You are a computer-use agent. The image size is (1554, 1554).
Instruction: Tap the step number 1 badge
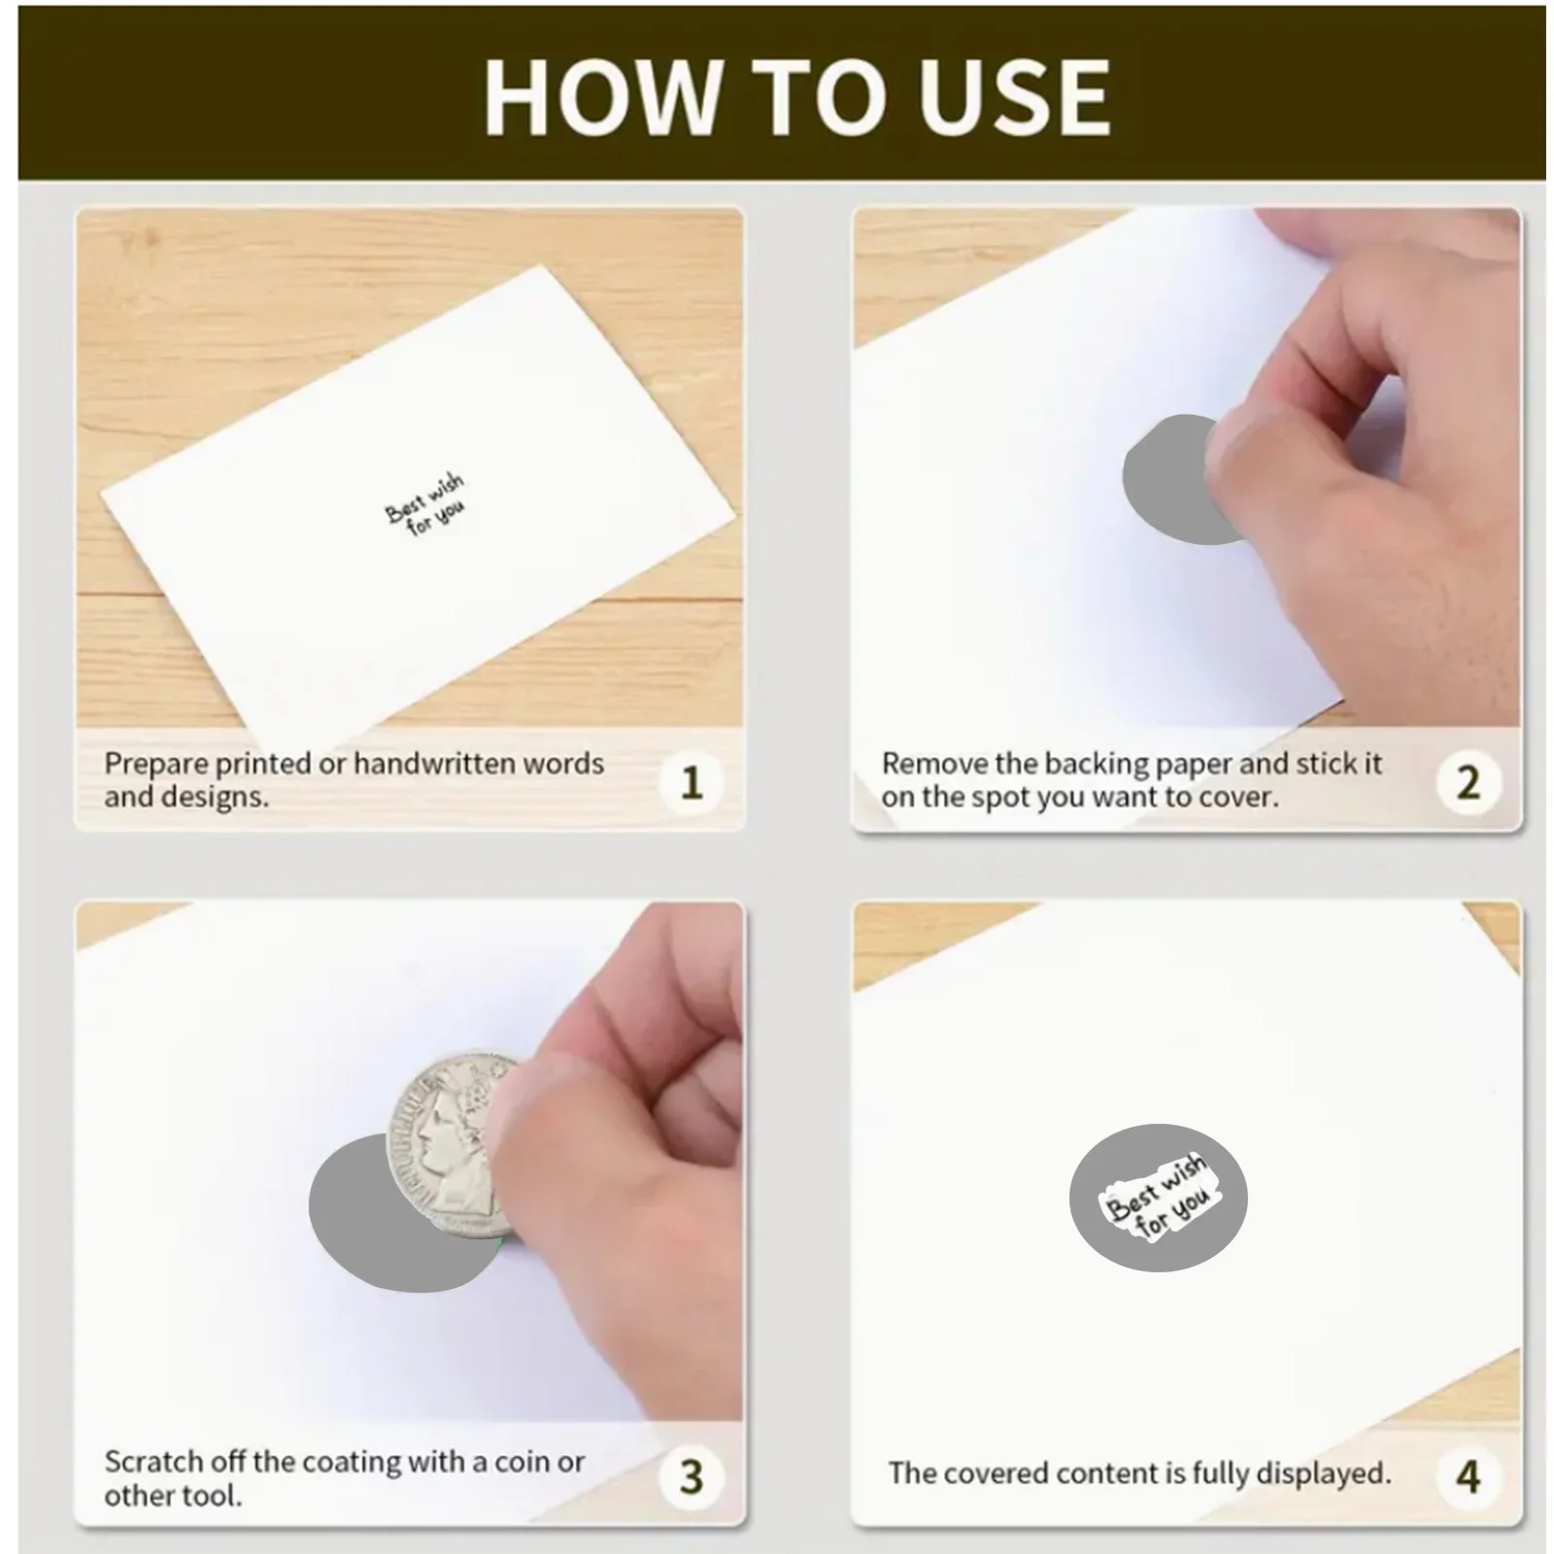click(x=691, y=782)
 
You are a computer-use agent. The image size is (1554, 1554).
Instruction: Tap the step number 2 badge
click(x=1468, y=782)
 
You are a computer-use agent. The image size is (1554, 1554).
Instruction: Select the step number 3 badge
click(x=691, y=1476)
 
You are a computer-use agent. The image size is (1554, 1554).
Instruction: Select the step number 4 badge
click(x=1468, y=1476)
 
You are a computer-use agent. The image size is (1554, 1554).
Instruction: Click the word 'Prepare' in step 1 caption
click(x=156, y=764)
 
